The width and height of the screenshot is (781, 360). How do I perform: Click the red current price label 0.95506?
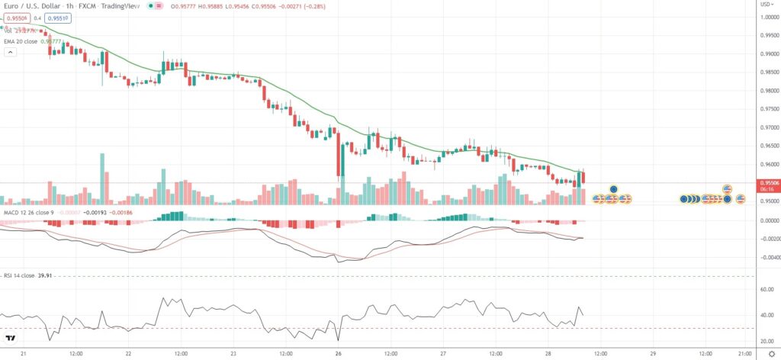click(767, 182)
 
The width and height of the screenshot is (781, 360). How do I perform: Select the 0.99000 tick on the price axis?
click(767, 54)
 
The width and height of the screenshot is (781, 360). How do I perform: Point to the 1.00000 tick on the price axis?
click(767, 18)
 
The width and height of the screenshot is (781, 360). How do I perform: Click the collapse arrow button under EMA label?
click(11, 52)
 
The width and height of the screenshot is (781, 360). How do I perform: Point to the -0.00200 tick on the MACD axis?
click(767, 239)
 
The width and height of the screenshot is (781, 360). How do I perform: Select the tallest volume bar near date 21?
click(102, 178)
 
